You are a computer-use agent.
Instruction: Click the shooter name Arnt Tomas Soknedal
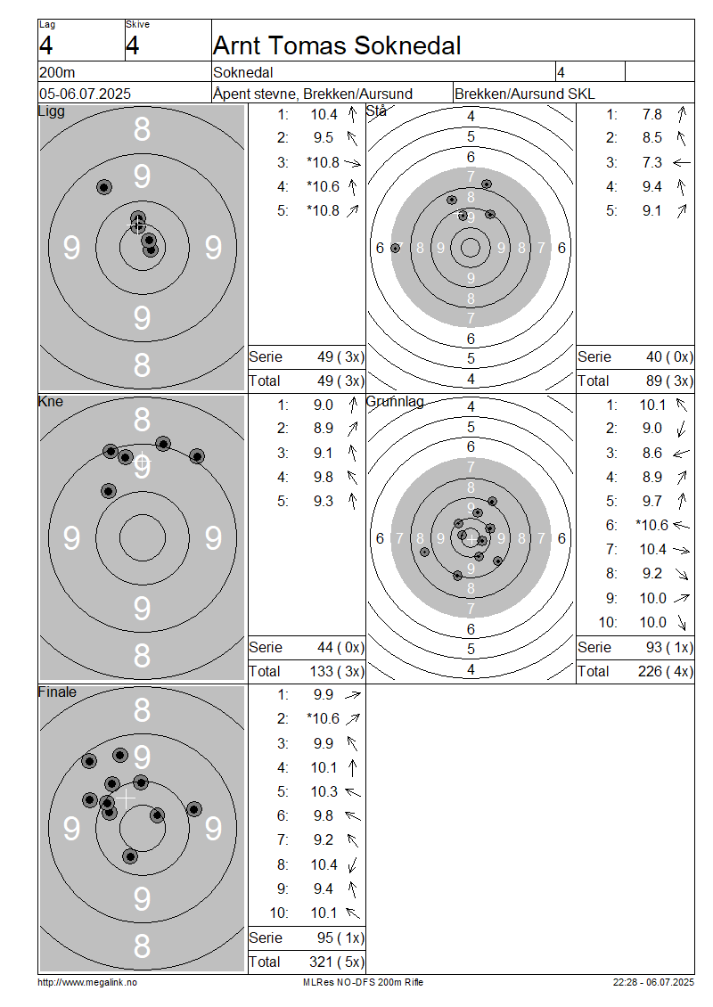click(337, 45)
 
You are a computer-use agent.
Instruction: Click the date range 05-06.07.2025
click(85, 94)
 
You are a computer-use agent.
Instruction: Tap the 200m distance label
click(57, 72)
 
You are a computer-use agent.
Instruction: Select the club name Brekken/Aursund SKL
click(524, 94)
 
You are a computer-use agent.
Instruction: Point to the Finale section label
click(57, 692)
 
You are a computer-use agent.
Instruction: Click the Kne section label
click(51, 401)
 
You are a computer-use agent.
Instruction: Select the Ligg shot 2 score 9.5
click(324, 138)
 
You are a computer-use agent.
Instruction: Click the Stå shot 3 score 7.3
click(652, 162)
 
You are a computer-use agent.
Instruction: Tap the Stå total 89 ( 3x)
click(669, 381)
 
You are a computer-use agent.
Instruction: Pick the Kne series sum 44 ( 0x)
click(340, 647)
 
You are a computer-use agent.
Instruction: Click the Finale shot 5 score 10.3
click(324, 792)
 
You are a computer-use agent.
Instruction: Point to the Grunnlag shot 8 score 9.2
click(652, 574)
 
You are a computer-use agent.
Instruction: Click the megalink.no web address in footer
click(87, 982)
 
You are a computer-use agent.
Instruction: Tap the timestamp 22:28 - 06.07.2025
click(653, 982)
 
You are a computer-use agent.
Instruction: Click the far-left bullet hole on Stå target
click(395, 248)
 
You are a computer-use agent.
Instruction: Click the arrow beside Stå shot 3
click(682, 162)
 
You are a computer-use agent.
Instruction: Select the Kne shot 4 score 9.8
click(324, 477)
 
